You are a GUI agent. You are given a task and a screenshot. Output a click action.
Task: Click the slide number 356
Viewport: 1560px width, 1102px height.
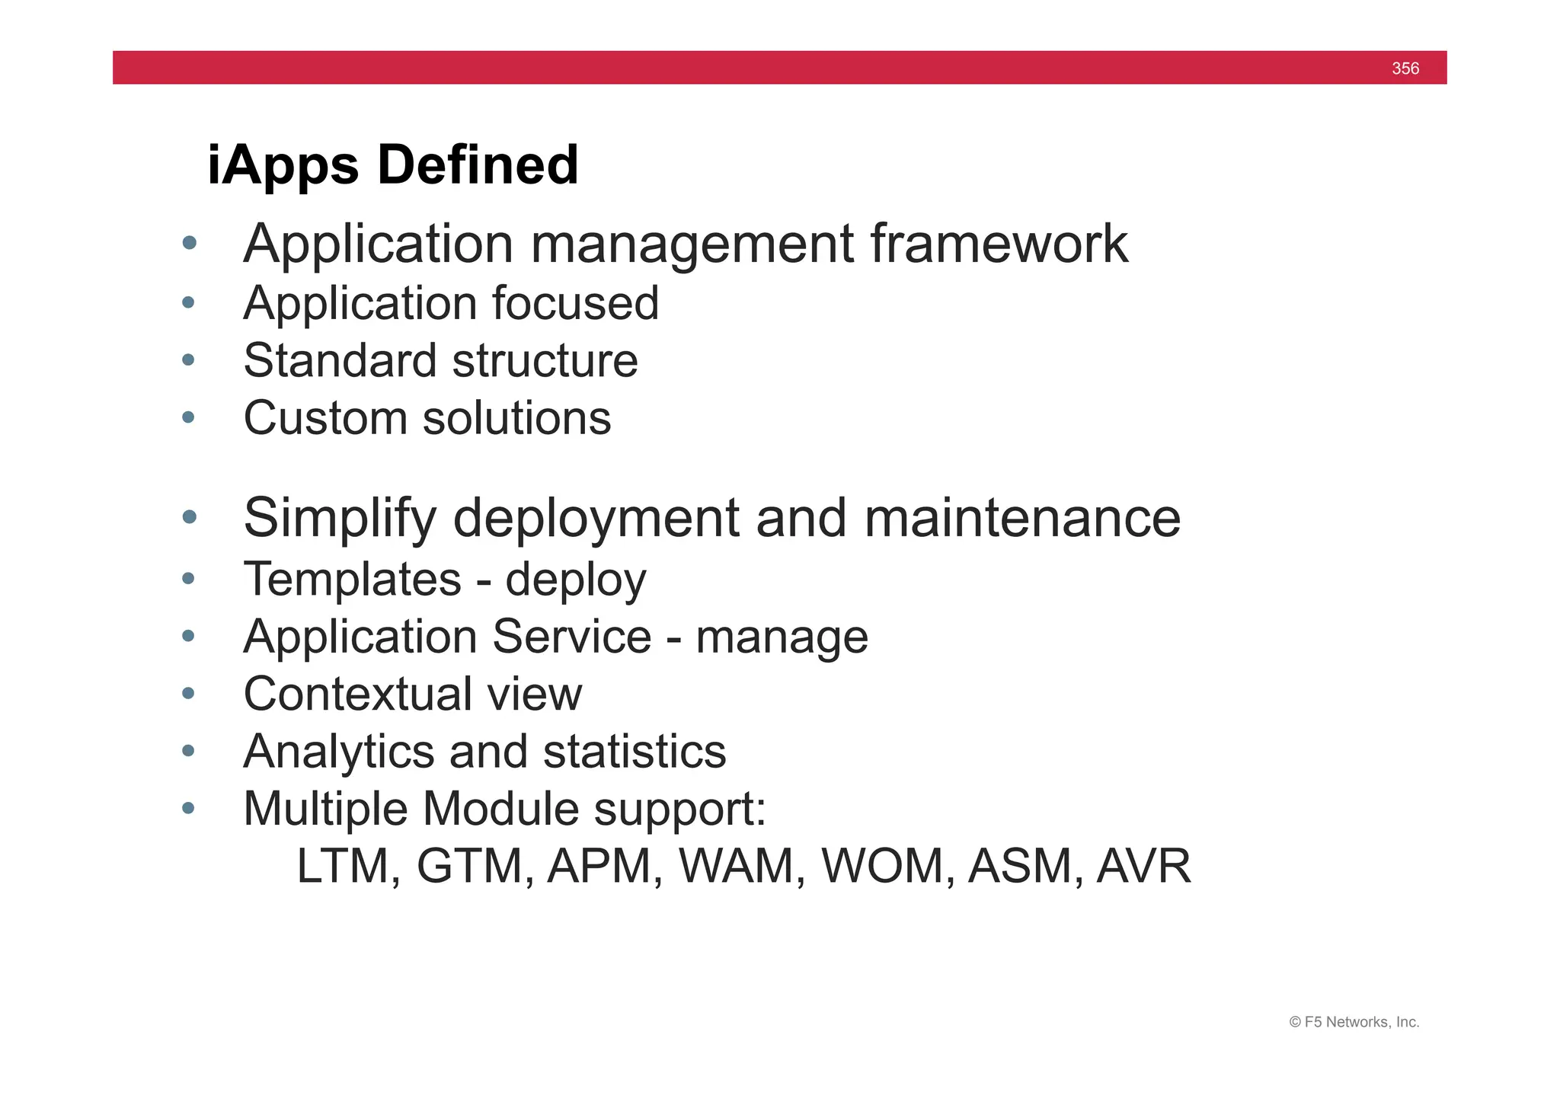click(x=1405, y=69)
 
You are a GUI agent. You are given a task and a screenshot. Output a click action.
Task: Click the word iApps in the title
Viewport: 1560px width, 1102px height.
click(x=283, y=166)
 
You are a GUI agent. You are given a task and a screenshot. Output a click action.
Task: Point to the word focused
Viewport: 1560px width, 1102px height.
click(x=575, y=303)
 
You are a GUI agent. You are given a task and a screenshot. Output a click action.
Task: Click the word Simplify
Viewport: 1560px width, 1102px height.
click(x=340, y=519)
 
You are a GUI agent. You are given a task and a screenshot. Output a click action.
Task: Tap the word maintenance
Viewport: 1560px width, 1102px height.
click(x=1022, y=518)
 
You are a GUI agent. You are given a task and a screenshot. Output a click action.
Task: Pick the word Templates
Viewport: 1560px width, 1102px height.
click(x=352, y=579)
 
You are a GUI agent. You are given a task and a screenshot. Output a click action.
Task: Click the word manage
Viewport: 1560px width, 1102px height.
click(x=782, y=637)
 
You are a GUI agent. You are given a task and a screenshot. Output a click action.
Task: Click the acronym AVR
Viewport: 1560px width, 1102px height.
click(x=1143, y=867)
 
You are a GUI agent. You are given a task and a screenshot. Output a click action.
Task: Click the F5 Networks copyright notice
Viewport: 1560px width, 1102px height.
click(x=1354, y=1022)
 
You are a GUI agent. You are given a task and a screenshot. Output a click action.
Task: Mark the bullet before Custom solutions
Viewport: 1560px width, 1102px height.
click(x=189, y=417)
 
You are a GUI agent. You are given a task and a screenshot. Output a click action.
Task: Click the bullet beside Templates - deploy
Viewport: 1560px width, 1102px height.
click(x=189, y=578)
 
